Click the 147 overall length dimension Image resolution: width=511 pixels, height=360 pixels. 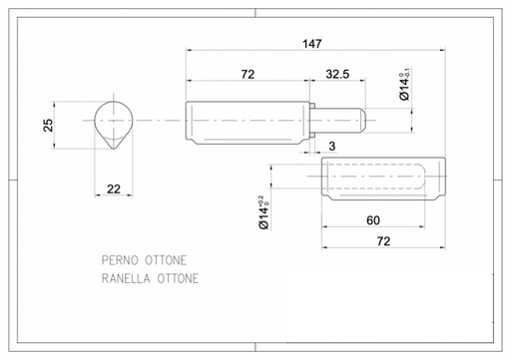pyautogui.click(x=312, y=44)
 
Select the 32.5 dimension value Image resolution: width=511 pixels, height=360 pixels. pyautogui.click(x=337, y=74)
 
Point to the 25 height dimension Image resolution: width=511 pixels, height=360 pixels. pyautogui.click(x=48, y=125)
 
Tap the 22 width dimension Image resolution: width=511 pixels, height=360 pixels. pyautogui.click(x=114, y=188)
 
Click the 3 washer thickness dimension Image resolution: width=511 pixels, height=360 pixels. pyautogui.click(x=332, y=147)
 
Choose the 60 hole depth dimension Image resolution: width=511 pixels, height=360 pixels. pyautogui.click(x=373, y=220)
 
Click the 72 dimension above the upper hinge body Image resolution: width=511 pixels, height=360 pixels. pyautogui.click(x=248, y=74)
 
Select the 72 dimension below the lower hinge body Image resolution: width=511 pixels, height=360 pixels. pyautogui.click(x=383, y=241)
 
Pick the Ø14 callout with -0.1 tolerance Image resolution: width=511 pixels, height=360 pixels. pyautogui.click(x=404, y=84)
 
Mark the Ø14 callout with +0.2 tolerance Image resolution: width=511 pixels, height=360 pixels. pyautogui.click(x=264, y=212)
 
